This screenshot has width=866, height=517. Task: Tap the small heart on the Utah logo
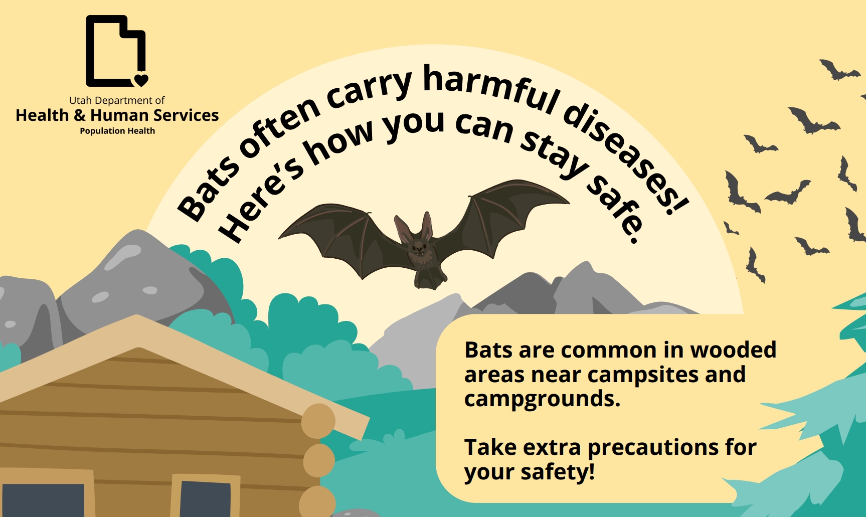(x=141, y=79)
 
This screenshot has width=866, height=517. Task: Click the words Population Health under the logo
(x=117, y=131)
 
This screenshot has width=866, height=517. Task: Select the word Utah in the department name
(x=80, y=100)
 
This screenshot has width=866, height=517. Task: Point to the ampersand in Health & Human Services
(x=79, y=115)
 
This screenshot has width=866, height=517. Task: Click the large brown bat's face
(x=419, y=247)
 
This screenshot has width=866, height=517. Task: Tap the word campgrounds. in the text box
(x=542, y=399)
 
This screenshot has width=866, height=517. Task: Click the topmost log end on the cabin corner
(x=318, y=421)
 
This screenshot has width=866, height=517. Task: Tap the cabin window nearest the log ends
(x=204, y=496)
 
